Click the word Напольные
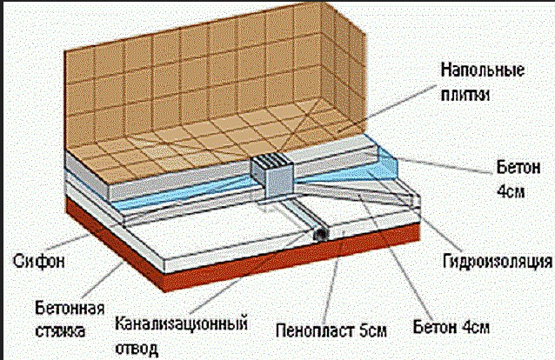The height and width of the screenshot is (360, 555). (x=483, y=70)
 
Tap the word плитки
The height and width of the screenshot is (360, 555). (x=465, y=95)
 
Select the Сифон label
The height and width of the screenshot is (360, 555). (x=39, y=262)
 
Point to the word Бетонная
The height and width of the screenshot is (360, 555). (x=70, y=309)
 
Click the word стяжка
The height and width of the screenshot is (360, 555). (x=60, y=331)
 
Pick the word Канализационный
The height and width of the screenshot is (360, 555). (x=181, y=323)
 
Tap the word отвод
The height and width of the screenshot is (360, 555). (x=137, y=348)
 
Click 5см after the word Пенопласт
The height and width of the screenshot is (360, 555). (x=372, y=331)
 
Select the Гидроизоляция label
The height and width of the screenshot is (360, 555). (x=498, y=262)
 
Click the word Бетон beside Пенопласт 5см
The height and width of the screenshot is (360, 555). (x=435, y=327)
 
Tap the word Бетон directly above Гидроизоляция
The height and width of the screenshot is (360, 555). (x=518, y=168)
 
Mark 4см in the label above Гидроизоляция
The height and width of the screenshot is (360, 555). (x=511, y=191)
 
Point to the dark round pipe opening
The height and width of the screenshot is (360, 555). (x=321, y=235)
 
